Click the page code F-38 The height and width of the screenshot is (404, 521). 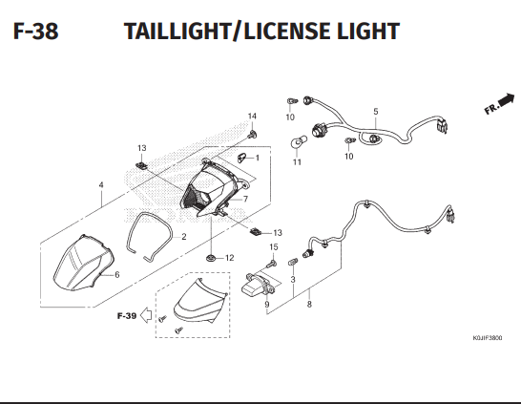(36, 32)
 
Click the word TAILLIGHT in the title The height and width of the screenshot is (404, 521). (177, 32)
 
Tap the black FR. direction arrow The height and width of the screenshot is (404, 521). (506, 99)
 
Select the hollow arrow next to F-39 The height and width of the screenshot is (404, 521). (146, 315)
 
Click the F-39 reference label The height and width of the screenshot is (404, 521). (127, 315)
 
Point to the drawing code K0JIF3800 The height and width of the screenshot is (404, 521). (488, 338)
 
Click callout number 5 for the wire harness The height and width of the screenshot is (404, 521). (375, 112)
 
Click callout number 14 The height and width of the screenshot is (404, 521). (252, 117)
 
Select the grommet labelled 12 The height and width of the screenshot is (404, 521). (210, 258)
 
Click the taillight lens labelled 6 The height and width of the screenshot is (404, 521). (84, 263)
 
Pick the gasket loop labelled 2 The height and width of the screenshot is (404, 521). (149, 236)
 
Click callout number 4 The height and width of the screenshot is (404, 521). (101, 185)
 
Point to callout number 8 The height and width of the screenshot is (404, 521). (309, 304)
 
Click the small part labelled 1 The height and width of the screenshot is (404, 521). (241, 158)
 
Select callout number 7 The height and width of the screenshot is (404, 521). (245, 199)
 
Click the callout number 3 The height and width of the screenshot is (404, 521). (293, 279)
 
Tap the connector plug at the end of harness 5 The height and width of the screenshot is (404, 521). (443, 125)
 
